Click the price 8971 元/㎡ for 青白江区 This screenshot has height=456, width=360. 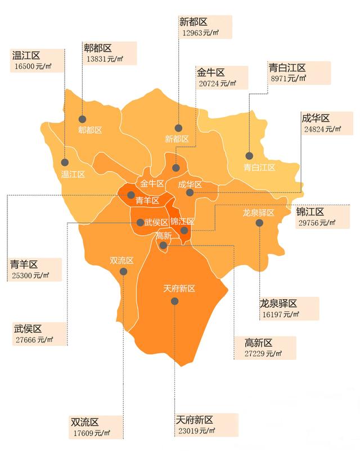point(288,79)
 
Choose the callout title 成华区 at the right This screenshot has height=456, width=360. point(316,118)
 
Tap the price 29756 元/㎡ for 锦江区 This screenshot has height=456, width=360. point(316,223)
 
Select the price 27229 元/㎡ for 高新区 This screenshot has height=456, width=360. point(263,354)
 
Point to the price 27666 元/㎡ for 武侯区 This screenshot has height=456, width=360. point(33,340)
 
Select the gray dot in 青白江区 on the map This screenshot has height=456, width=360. point(249,156)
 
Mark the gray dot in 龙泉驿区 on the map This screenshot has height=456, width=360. point(259,223)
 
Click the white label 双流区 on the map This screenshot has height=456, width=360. point(121,260)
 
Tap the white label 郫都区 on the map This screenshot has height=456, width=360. point(90,130)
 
